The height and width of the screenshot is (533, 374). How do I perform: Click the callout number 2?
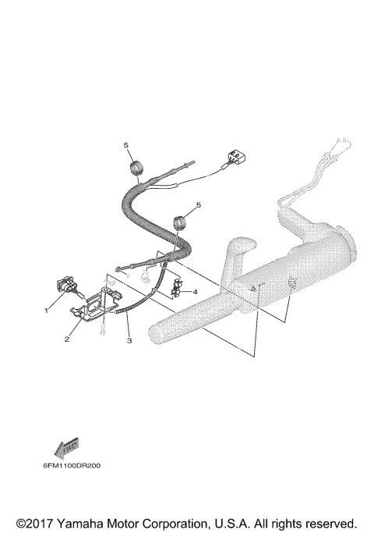(x=68, y=339)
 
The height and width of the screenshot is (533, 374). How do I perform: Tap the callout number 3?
(x=129, y=341)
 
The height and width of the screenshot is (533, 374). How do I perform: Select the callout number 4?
(x=195, y=293)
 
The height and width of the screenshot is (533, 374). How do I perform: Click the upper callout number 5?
(x=124, y=146)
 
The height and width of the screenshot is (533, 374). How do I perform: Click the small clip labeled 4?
(x=175, y=288)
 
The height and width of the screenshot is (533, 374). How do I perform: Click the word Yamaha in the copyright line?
(x=79, y=522)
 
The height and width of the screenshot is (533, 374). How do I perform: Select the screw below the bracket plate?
(x=102, y=332)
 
